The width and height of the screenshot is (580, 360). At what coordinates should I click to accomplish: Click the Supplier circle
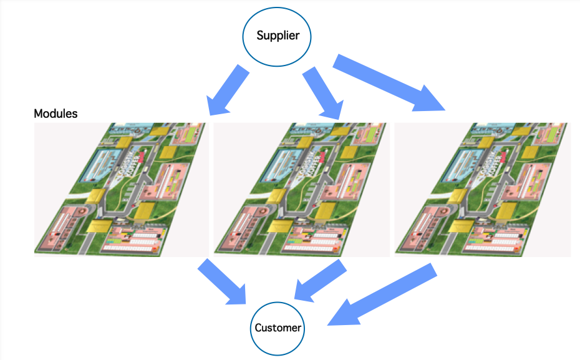point(278,36)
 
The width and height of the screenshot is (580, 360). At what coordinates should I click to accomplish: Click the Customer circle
point(278,328)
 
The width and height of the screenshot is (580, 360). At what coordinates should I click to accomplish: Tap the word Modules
point(56,114)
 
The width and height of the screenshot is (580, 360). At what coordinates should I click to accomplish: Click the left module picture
point(122,189)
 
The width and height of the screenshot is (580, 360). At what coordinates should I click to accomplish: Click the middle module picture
point(302,189)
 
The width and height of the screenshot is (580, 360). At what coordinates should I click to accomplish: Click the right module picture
point(483,189)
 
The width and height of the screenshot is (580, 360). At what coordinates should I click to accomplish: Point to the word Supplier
point(278,36)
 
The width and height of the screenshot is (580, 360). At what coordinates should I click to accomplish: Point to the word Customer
point(278,328)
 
